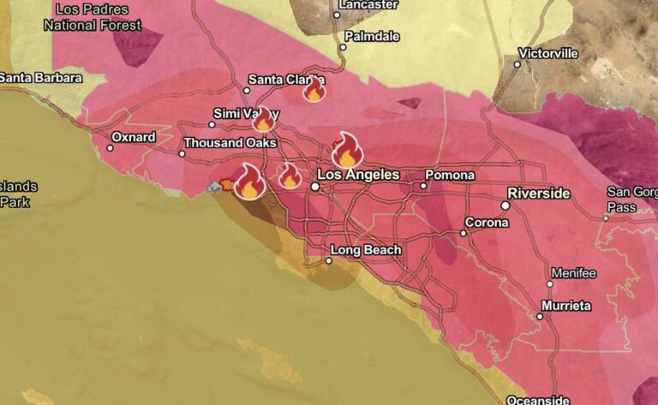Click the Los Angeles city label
[x=365, y=175]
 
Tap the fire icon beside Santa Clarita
[x=314, y=89]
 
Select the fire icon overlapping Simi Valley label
[x=263, y=119]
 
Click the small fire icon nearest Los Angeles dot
[x=290, y=176]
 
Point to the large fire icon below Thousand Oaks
[x=249, y=182]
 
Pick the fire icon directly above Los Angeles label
[x=347, y=151]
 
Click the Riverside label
[x=538, y=193]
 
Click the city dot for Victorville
[x=517, y=64]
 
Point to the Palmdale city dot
[x=343, y=47]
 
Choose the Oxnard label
[x=134, y=137]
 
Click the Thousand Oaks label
[x=230, y=143]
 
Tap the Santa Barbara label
[x=41, y=78]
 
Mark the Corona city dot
[x=464, y=233]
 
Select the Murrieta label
[x=566, y=306]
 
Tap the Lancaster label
[x=369, y=4]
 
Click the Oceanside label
[x=538, y=400]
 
